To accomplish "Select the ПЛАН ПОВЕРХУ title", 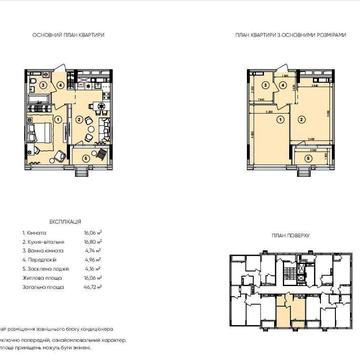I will tap(290, 236).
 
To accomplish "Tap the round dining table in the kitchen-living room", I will tap(101, 106).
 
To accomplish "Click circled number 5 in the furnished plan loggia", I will tap(86, 158).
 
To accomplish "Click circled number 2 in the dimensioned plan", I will tap(301, 119).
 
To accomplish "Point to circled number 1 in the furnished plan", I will tap(58, 119).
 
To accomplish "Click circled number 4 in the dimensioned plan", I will tap(283, 84).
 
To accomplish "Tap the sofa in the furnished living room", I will tap(105, 127).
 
